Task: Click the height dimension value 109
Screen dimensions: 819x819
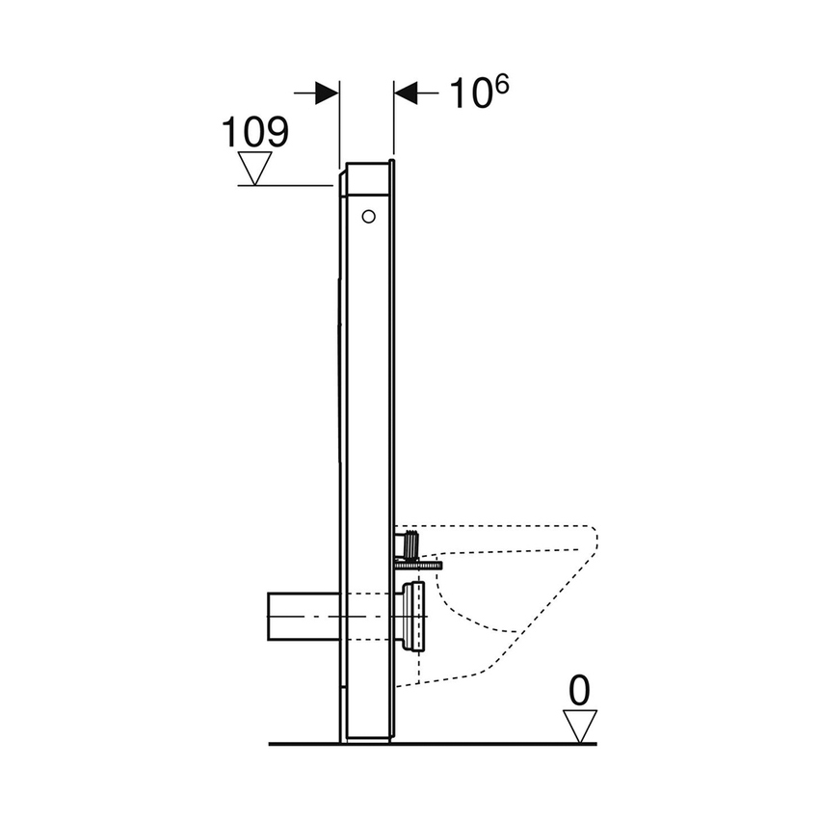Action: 255,132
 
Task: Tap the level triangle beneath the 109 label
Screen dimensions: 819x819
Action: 255,170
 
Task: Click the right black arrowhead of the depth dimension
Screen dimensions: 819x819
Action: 406,93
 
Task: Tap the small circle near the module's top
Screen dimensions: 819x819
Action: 367,217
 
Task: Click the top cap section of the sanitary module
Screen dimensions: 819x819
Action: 365,178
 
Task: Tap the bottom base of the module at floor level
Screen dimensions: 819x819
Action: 366,736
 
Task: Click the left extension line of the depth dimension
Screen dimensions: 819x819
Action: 339,125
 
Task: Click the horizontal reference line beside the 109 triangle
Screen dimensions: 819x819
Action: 289,185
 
